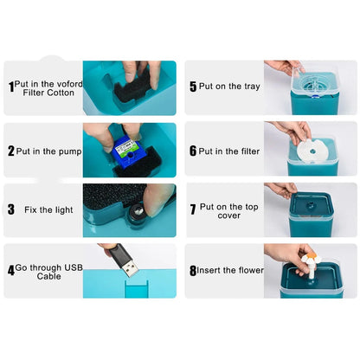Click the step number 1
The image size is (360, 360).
[x=11, y=87]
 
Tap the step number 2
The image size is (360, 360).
[x=11, y=150]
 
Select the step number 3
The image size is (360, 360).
[x=11, y=209]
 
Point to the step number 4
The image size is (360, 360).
[x=11, y=270]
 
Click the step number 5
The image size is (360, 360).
[x=193, y=87]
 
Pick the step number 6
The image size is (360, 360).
[x=193, y=150]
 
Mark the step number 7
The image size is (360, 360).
[x=193, y=209]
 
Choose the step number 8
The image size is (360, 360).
[x=193, y=270]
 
